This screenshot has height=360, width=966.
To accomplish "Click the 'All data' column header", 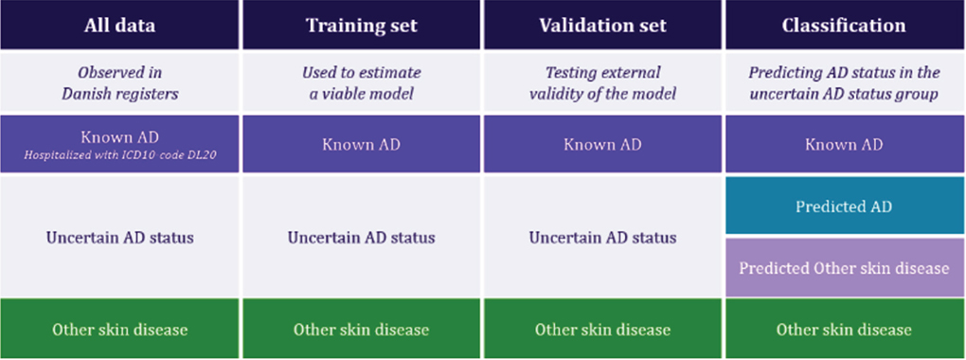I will [119, 26].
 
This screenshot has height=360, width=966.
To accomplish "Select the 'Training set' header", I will [361, 26].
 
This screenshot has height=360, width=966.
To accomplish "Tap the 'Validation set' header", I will [602, 26].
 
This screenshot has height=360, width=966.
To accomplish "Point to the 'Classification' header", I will [844, 26].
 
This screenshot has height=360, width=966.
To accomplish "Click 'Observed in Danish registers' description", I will [119, 82].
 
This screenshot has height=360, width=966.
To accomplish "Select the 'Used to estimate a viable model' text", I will [361, 82].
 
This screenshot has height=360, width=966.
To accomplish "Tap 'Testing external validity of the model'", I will [602, 82].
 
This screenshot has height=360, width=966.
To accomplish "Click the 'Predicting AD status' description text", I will [844, 82].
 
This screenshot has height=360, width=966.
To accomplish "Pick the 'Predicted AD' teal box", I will [844, 207].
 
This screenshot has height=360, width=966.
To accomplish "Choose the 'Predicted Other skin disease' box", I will [844, 267].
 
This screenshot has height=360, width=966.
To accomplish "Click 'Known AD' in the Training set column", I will [361, 145].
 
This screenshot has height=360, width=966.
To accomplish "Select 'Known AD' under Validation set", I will [602, 145].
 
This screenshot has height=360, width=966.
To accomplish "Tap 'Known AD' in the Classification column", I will [844, 145].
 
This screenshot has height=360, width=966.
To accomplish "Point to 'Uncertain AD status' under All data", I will [119, 237].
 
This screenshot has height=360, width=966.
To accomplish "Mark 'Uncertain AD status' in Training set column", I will [361, 237].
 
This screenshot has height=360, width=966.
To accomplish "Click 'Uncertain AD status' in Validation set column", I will [602, 237].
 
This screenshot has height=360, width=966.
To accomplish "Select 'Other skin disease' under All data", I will [119, 330].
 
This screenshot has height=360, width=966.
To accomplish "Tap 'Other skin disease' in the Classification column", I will [844, 330].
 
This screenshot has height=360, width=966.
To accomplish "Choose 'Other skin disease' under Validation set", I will [602, 330].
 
